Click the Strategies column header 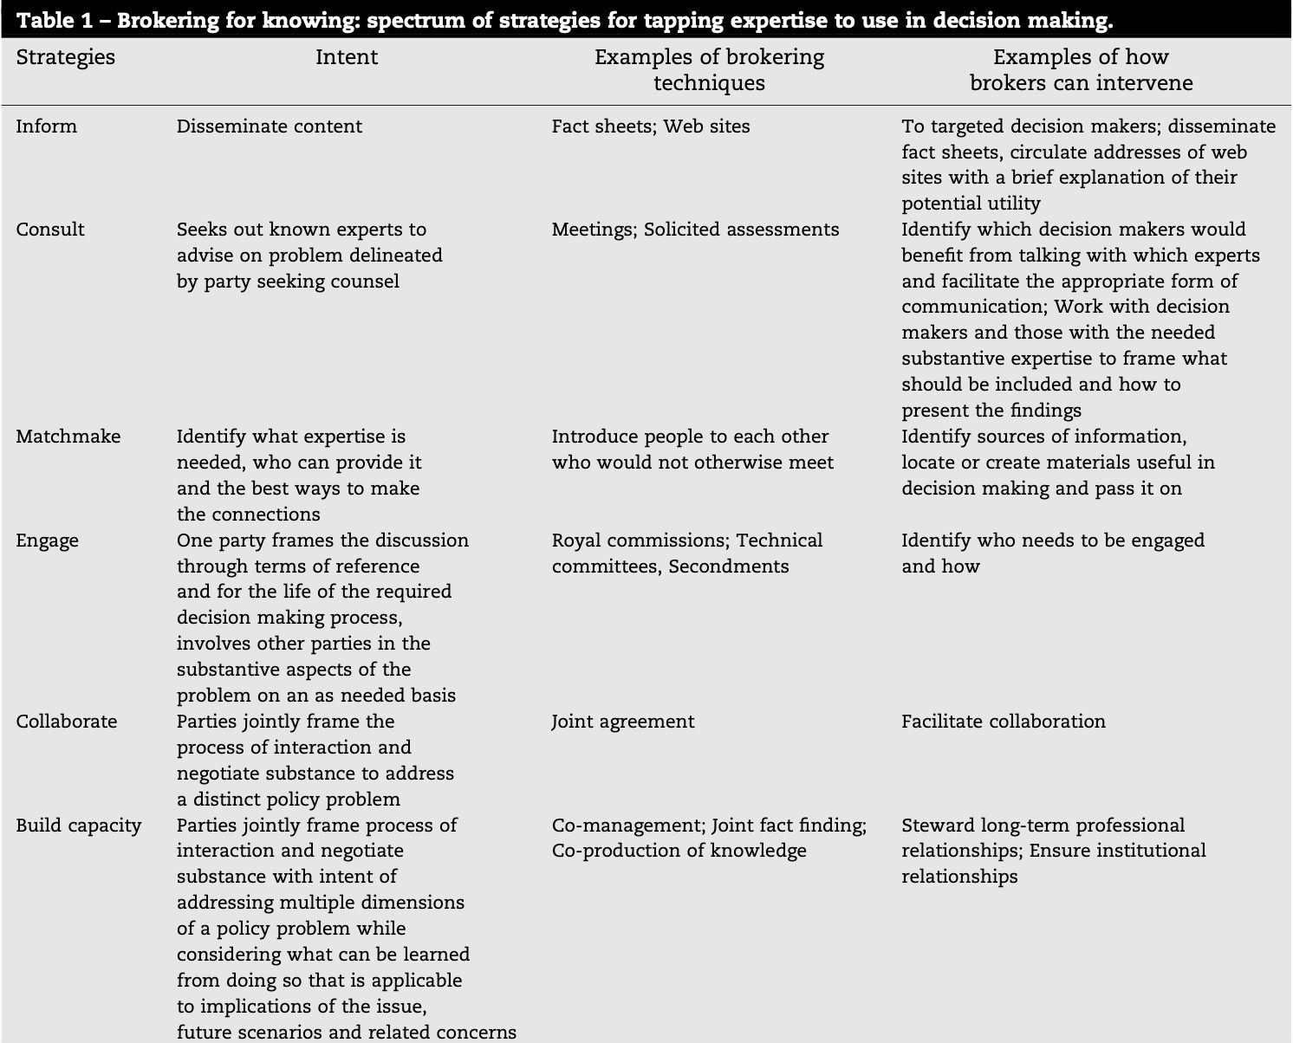(x=65, y=57)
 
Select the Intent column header (x=346, y=57)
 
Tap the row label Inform (x=46, y=126)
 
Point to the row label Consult (x=50, y=230)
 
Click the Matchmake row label (x=68, y=437)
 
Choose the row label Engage (x=47, y=541)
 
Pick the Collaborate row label (x=66, y=722)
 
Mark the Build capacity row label (x=78, y=826)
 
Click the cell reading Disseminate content (x=269, y=126)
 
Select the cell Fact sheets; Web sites (x=650, y=126)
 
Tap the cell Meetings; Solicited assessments (x=695, y=230)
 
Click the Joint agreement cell (x=622, y=722)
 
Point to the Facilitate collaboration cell (x=1003, y=722)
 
